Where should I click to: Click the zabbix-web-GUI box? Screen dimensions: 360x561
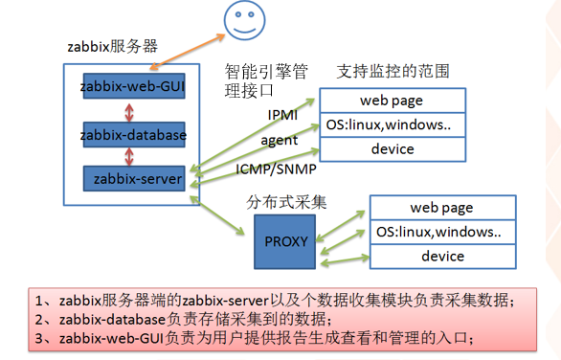click(134, 87)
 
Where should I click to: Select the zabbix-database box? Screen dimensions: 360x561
click(134, 134)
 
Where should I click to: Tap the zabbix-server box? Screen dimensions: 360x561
click(134, 178)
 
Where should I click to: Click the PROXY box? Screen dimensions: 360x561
click(284, 240)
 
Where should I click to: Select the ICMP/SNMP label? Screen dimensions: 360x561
click(271, 168)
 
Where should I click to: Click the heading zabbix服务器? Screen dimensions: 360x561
click(110, 44)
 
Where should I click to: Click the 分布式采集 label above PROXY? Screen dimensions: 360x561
click(286, 202)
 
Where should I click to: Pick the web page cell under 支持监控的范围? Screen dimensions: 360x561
click(392, 101)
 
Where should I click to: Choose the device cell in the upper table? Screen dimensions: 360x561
click(392, 148)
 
